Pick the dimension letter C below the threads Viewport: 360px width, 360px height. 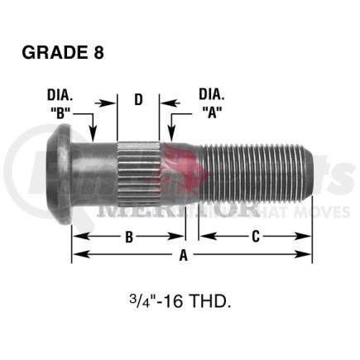256,238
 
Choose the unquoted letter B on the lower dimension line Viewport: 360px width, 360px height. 129,238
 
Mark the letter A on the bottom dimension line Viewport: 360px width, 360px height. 184,257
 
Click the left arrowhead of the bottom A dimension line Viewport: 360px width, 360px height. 76,257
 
